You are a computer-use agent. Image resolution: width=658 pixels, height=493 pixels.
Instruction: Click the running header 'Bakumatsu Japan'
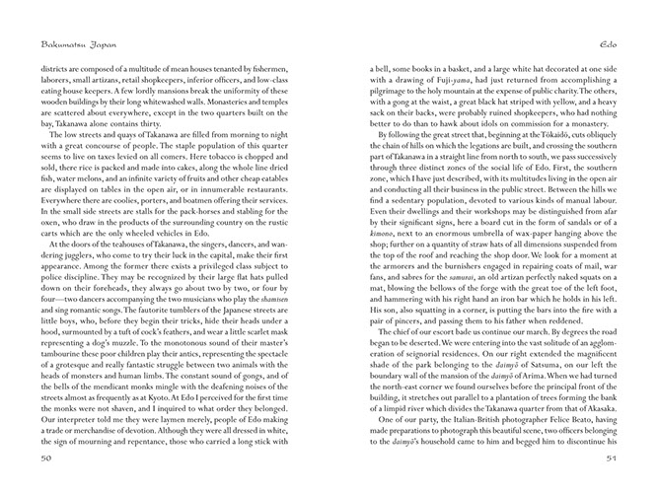click(63, 44)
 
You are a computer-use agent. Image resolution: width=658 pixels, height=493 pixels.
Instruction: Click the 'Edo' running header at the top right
click(608, 44)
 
